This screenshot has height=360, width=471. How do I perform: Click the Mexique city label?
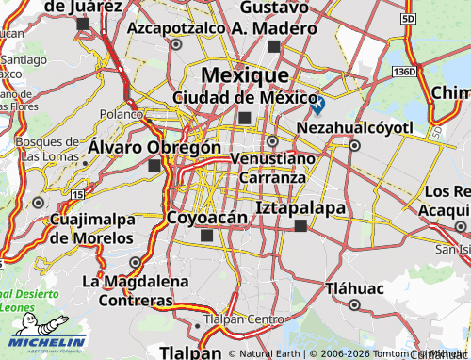click(245, 74)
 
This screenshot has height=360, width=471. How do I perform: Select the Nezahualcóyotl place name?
click(354, 127)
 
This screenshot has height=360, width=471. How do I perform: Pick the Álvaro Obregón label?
click(154, 148)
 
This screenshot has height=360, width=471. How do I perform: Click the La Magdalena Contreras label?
click(128, 290)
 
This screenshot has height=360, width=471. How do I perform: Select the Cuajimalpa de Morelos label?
click(90, 230)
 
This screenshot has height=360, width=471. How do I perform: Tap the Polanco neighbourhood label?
click(121, 113)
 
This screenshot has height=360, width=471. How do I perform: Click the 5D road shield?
click(407, 18)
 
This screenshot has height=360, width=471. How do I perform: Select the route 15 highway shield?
click(76, 194)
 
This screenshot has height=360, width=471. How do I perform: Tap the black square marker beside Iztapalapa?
click(300, 225)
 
